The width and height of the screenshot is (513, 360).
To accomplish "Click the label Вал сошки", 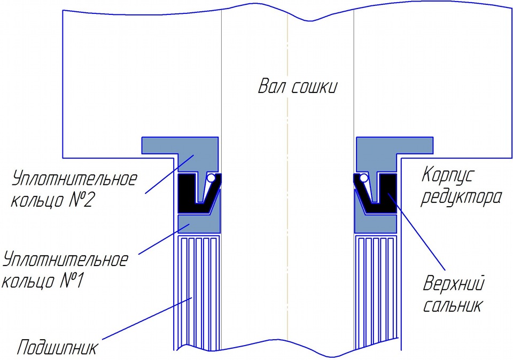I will coord(298,87).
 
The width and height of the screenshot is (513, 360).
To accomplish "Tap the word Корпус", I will coord(448,175).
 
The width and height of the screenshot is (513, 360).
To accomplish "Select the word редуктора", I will coord(462,198).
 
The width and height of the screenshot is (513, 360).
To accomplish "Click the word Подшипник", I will coord(57,348).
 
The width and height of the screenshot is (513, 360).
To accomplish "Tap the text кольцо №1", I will coord(41,280).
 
